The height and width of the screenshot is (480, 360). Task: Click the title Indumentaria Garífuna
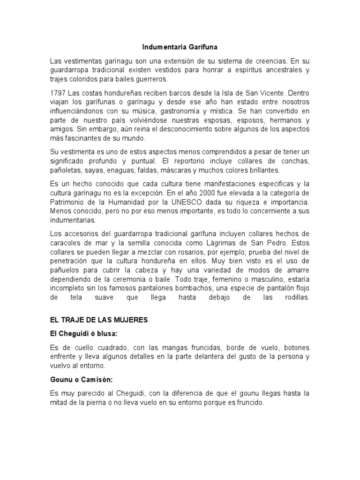coord(180,47)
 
